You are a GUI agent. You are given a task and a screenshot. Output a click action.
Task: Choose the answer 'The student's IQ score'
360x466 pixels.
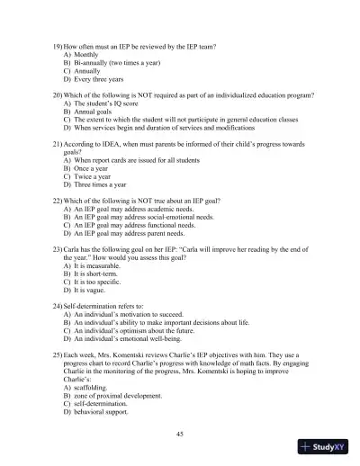click(107, 104)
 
